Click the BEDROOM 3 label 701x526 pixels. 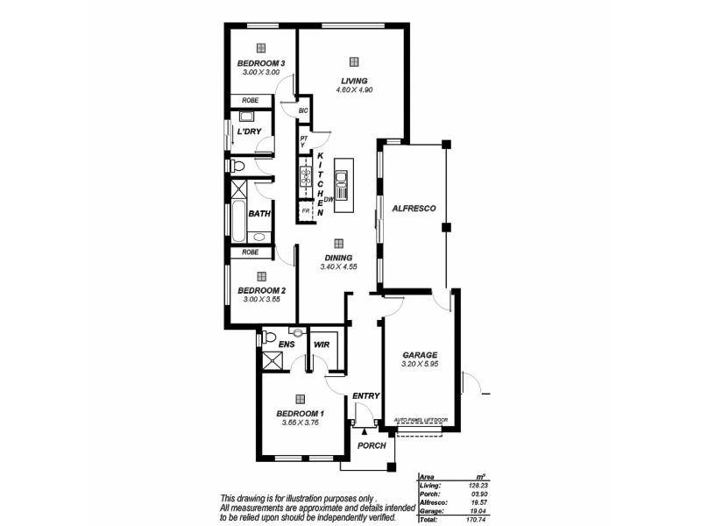tap(260, 63)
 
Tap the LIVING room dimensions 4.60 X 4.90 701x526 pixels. tap(354, 89)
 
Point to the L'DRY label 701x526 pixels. tap(249, 131)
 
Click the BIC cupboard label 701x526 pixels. tap(303, 111)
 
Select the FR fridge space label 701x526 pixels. tap(306, 211)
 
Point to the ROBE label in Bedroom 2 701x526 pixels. tap(251, 252)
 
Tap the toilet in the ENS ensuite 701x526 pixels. tap(270, 337)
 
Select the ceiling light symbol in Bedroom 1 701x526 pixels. tap(300, 397)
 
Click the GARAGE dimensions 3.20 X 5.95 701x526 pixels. tap(419, 364)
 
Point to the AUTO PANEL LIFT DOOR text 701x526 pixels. tap(421, 420)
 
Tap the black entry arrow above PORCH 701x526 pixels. tap(365, 432)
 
